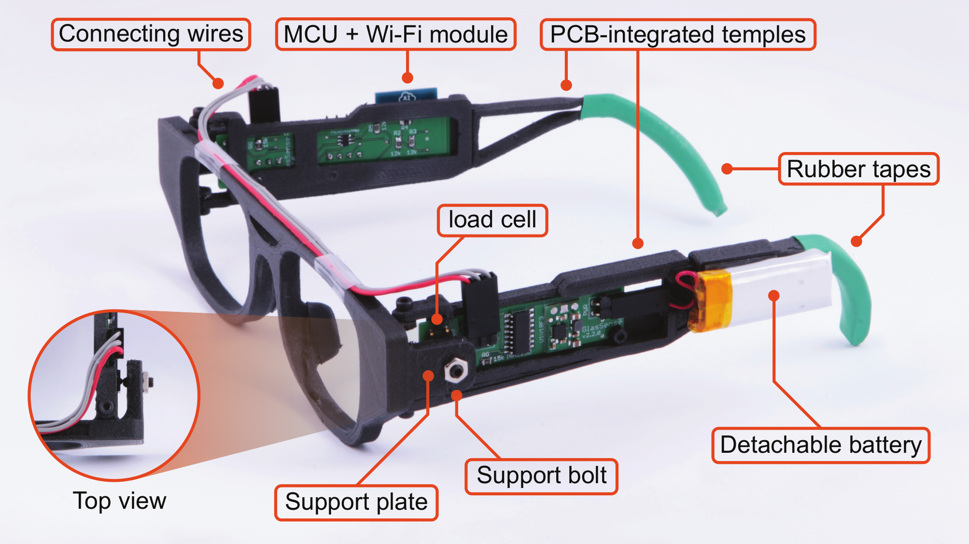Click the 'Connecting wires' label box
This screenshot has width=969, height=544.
(x=151, y=34)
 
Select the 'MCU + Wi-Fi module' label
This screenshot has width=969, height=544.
(x=395, y=34)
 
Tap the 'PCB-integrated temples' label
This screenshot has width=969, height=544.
(x=677, y=35)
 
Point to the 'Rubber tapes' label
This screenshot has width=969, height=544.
(x=858, y=169)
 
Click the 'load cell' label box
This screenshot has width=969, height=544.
(x=492, y=220)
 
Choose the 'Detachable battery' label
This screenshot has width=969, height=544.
(x=820, y=445)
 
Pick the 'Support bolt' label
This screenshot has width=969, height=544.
(x=541, y=476)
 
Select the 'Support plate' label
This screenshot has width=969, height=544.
(x=356, y=502)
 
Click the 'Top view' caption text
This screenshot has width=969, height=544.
(x=119, y=501)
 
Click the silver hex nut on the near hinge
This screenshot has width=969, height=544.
(x=455, y=371)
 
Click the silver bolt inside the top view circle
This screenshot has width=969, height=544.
(x=148, y=382)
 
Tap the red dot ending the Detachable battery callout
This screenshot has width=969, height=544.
(x=773, y=295)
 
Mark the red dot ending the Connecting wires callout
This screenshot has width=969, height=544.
(x=218, y=84)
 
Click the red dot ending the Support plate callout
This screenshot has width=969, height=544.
(x=428, y=376)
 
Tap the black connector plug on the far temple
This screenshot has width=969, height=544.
(x=264, y=104)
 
